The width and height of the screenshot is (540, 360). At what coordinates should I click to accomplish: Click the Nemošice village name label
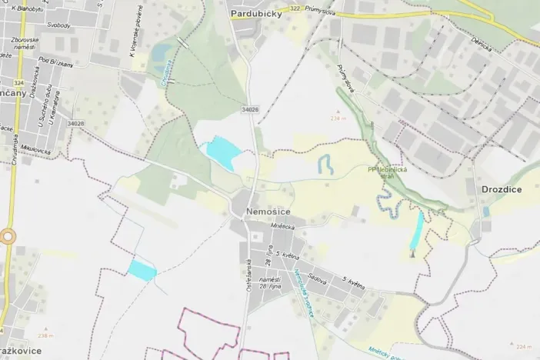point(268,209)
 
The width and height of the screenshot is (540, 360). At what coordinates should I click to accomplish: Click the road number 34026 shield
point(249,110)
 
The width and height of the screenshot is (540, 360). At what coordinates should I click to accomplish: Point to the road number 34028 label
point(75,122)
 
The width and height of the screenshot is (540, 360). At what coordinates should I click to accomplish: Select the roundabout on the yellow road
point(8,237)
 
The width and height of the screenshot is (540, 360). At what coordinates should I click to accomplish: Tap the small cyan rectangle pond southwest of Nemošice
point(142,269)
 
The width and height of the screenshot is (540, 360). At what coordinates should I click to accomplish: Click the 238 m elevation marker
point(46,336)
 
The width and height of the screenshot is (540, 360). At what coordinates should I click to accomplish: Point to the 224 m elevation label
point(524,347)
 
